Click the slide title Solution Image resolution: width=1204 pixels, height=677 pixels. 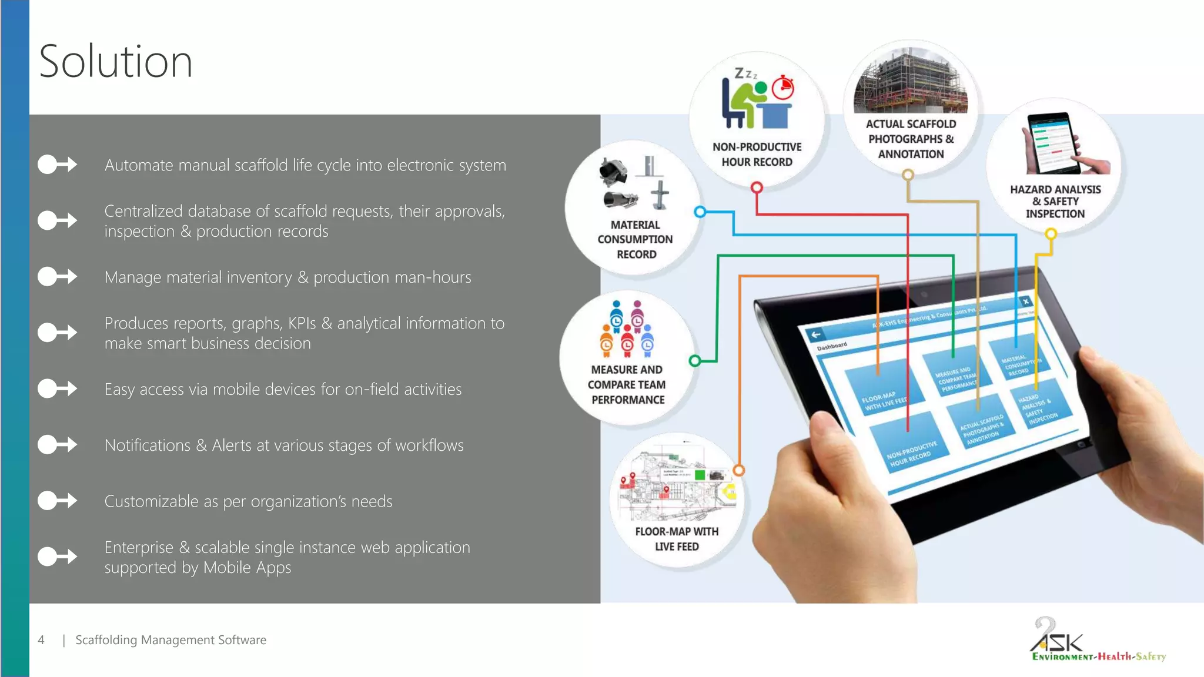point(116,62)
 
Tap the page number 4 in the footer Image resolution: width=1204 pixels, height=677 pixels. point(41,640)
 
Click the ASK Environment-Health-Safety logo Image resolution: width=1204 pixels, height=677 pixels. point(1097,641)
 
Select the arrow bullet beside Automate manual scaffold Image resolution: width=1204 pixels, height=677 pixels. point(57,165)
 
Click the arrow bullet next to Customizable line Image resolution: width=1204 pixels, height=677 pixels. point(57,501)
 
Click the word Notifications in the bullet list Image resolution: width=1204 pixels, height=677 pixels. point(148,445)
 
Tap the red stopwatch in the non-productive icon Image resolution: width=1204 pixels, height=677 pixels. point(783,88)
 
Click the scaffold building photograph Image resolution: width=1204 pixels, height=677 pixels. point(910,82)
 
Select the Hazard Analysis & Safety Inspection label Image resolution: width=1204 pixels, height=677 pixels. point(1055,202)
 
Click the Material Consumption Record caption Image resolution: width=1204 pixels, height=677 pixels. point(636,240)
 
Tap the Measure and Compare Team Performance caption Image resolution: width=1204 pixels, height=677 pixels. point(627,385)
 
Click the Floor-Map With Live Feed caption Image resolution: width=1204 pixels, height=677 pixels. point(677,539)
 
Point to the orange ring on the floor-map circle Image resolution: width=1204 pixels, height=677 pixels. point(739,470)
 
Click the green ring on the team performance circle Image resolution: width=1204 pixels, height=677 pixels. point(695,361)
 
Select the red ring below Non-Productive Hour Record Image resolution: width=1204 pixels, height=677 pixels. point(757,187)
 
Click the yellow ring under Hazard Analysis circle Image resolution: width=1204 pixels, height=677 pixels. point(1051,234)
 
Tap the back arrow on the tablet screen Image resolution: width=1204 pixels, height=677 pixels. point(815,335)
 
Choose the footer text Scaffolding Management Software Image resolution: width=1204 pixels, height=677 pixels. point(170,640)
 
